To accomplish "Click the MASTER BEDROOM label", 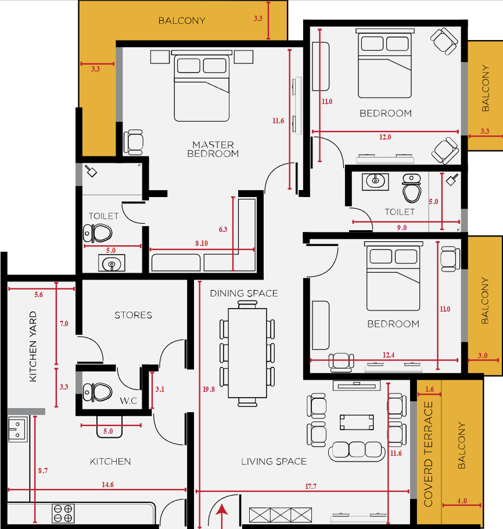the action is (213, 149).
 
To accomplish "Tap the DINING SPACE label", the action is (244, 293).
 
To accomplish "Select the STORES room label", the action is (133, 315).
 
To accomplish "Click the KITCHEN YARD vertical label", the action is (33, 346).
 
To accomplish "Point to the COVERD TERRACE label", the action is (428, 454).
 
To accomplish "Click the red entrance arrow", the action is (222, 516).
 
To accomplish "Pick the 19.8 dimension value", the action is (209, 389).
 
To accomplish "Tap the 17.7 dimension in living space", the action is (311, 486).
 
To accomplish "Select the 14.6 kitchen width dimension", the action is (107, 484).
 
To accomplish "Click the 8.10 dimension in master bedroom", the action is (202, 243).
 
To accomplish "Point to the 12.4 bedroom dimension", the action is (389, 355).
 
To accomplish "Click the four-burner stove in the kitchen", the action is (63, 513).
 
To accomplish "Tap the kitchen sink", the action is (17, 429).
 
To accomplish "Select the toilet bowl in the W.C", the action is (98, 392).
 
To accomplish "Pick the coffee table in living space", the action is (357, 422).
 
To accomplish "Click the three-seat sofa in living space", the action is (357, 452).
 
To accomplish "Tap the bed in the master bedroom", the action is (202, 86).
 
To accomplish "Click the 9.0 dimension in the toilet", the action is (402, 227).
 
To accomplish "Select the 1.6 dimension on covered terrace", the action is (429, 389).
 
